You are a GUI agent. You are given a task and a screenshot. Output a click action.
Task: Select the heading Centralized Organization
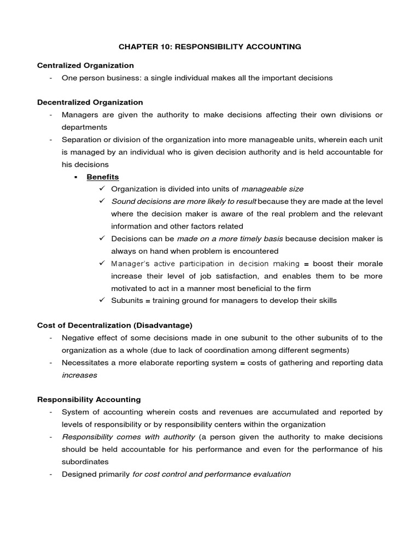85,66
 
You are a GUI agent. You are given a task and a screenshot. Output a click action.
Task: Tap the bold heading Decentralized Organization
90,102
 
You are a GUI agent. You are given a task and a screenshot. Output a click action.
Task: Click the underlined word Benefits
103,177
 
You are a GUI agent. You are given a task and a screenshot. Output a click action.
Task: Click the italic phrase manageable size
272,189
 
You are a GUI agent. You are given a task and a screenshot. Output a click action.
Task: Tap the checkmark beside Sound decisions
102,201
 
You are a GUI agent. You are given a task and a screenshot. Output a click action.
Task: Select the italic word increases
79,375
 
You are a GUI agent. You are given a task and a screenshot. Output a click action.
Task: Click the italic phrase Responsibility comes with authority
129,437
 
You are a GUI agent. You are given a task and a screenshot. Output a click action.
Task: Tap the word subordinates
85,462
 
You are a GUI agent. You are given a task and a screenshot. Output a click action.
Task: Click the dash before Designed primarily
50,475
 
